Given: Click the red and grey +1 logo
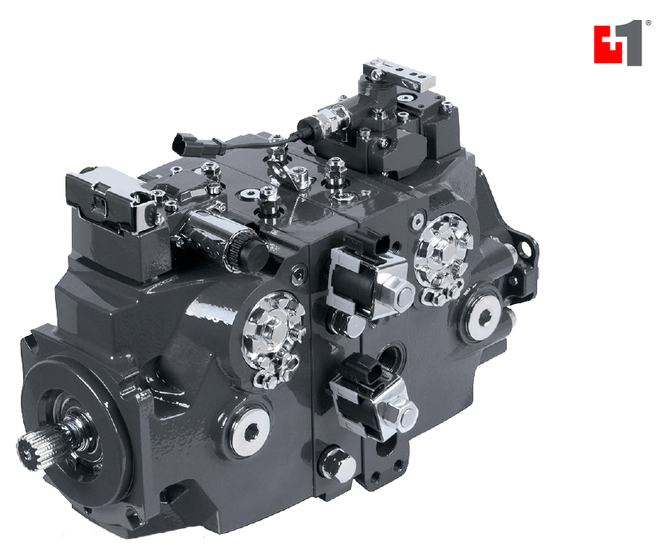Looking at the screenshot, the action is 618,41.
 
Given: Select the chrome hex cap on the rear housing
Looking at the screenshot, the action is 444,252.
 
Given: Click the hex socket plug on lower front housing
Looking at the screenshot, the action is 251,432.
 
